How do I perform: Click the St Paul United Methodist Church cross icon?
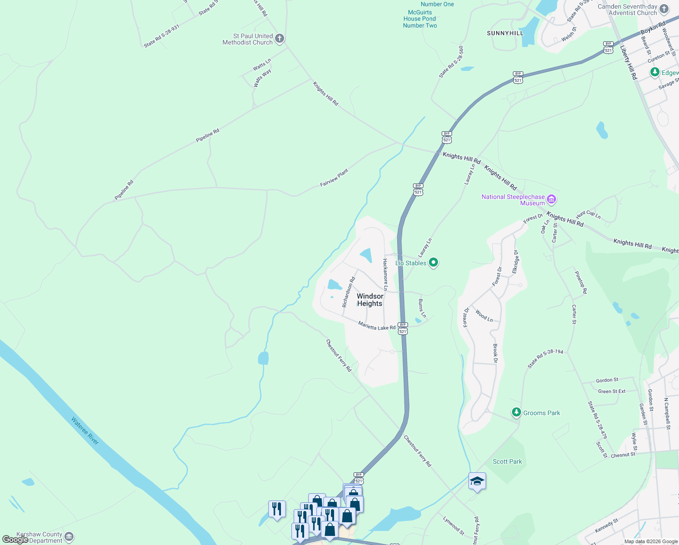pyautogui.click(x=280, y=39)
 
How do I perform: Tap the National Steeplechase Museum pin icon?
pyautogui.click(x=552, y=199)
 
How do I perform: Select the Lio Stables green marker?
pyautogui.click(x=433, y=262)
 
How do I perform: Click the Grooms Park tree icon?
pyautogui.click(x=516, y=412)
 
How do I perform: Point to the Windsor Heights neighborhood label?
pyautogui.click(x=370, y=300)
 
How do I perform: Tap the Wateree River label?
pyautogui.click(x=85, y=431)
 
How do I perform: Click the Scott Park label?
pyautogui.click(x=507, y=461)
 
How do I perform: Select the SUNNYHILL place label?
pyautogui.click(x=505, y=33)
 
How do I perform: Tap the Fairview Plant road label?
pyautogui.click(x=334, y=178)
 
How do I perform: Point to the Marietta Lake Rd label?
pyautogui.click(x=377, y=325)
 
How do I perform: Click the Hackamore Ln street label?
pyautogui.click(x=385, y=274)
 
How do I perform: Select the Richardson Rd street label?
pyautogui.click(x=349, y=289)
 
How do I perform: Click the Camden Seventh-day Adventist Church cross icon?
pyautogui.click(x=664, y=9)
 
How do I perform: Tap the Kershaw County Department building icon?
pyautogui.click(x=69, y=537)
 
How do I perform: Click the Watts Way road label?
pyautogui.click(x=262, y=78)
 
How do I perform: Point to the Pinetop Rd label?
pyautogui.click(x=581, y=282)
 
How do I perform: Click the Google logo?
pyautogui.click(x=15, y=540)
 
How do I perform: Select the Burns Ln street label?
pyautogui.click(x=422, y=308)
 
